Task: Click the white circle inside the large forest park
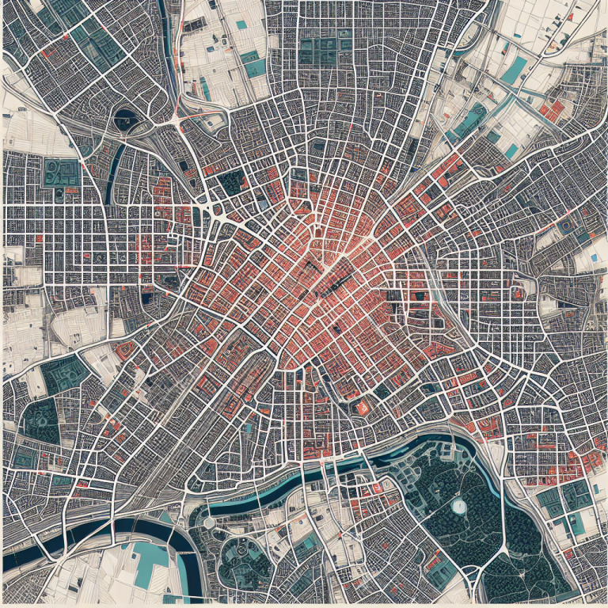pyautogui.click(x=458, y=503)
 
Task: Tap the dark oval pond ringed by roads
pyautogui.click(x=125, y=119)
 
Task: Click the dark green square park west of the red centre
pyautogui.click(x=232, y=183)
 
